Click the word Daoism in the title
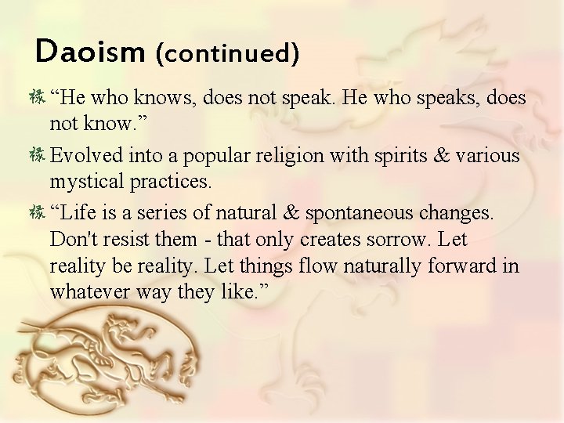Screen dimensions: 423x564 [90, 53]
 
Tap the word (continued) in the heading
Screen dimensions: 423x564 [228, 54]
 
